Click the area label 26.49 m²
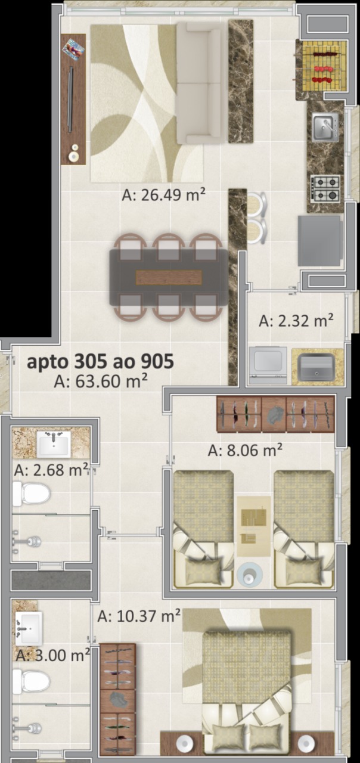[x=163, y=195]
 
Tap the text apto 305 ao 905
[x=100, y=361]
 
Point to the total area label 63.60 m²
[x=101, y=381]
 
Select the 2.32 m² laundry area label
[x=296, y=321]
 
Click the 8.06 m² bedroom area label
[x=245, y=450]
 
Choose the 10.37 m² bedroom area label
[x=139, y=616]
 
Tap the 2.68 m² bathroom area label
[x=51, y=470]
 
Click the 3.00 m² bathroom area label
[x=53, y=655]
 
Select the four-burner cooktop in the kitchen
[x=325, y=190]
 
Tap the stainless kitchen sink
[x=325, y=127]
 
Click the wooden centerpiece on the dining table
[x=169, y=277]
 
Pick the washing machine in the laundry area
[x=268, y=365]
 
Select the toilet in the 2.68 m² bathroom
[x=31, y=493]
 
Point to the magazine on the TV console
[x=73, y=49]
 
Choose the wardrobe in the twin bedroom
[x=275, y=414]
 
